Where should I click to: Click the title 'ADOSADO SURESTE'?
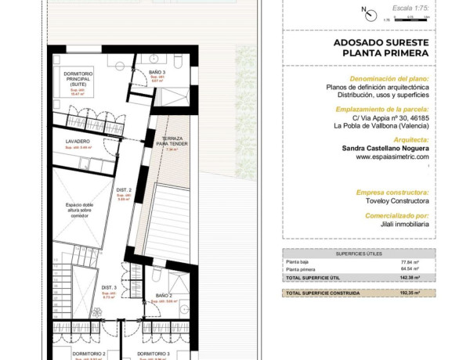381,42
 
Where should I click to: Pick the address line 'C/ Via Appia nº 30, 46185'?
381,117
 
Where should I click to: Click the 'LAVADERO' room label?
78,142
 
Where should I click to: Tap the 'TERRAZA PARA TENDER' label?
172,142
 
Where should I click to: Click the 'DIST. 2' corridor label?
124,190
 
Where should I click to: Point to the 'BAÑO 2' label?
164,295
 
